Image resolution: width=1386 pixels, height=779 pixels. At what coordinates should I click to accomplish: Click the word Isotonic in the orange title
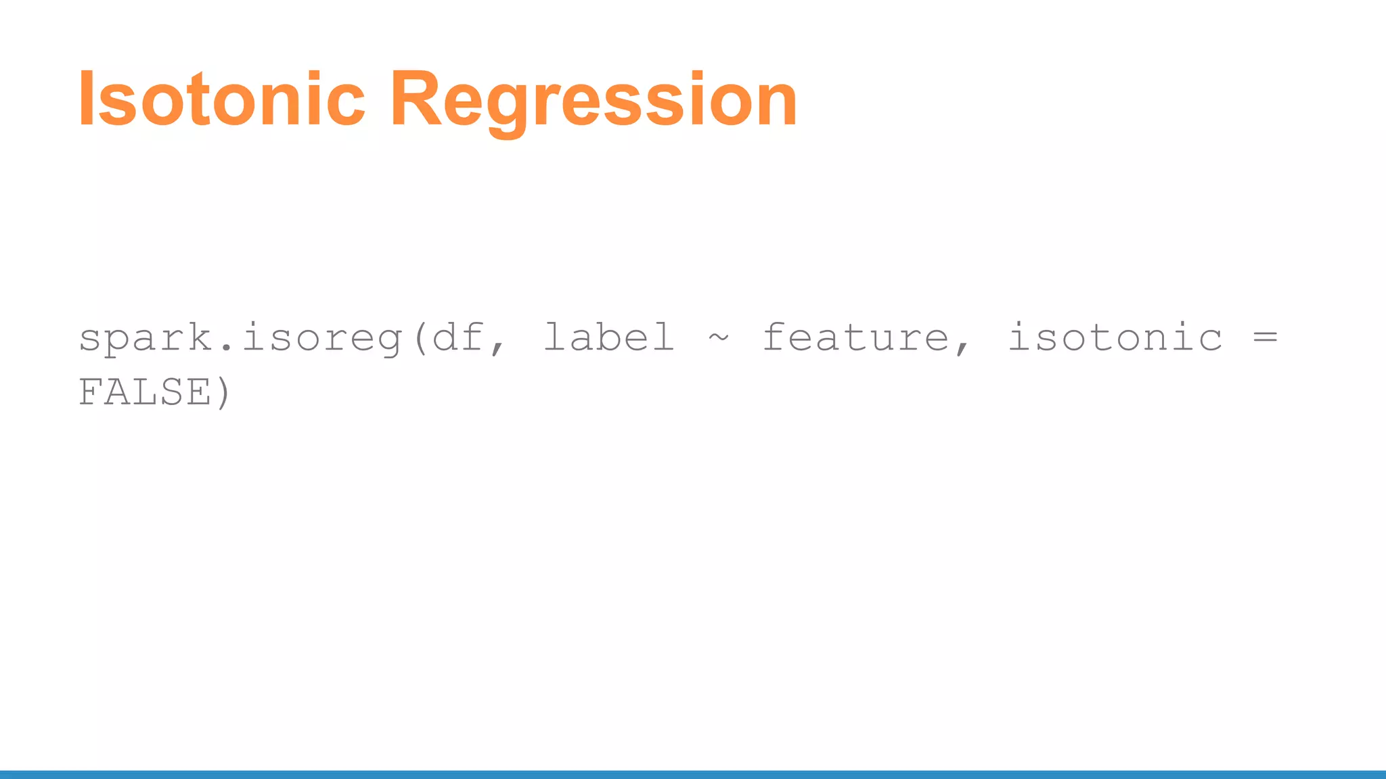(221, 99)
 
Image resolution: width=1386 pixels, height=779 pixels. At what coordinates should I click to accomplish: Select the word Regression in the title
(594, 99)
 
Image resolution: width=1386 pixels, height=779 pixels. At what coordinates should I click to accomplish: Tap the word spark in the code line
(146, 337)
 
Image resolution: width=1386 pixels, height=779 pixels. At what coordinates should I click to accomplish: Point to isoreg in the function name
(323, 337)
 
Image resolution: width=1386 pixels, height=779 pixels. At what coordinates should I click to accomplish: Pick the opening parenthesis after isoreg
(419, 337)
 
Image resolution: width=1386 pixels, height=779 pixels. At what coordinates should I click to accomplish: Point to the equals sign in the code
(1265, 337)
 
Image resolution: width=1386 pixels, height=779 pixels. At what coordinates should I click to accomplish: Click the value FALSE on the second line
(145, 392)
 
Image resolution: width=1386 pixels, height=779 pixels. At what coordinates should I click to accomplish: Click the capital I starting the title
(86, 99)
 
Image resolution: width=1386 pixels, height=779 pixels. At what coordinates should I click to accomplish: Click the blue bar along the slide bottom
(693, 774)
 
